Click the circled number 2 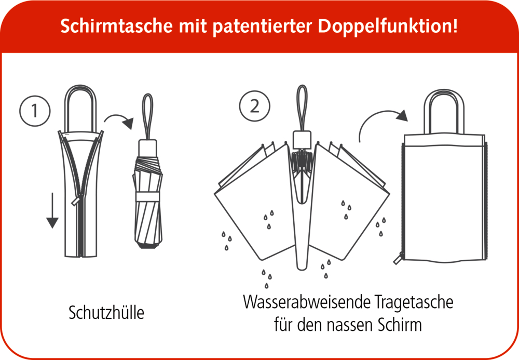click(x=254, y=106)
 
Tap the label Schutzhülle click(x=106, y=313)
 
